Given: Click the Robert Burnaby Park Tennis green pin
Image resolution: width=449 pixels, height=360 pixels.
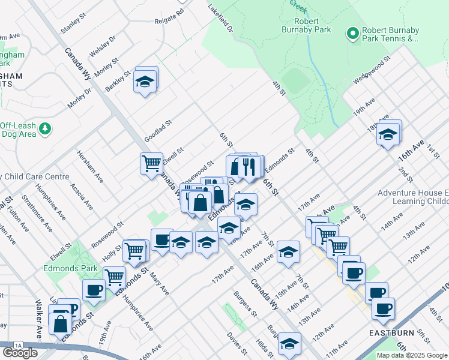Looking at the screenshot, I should (x=352, y=34).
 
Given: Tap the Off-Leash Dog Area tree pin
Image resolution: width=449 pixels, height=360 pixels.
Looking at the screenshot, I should (x=44, y=128).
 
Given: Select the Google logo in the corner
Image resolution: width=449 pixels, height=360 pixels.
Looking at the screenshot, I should (x=20, y=353).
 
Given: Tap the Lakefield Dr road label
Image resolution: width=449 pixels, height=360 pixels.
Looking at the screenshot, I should (x=220, y=19).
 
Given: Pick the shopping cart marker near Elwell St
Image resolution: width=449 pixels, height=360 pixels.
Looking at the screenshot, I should (x=151, y=163).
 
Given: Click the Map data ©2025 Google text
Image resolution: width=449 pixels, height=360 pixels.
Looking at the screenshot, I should (x=411, y=355).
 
